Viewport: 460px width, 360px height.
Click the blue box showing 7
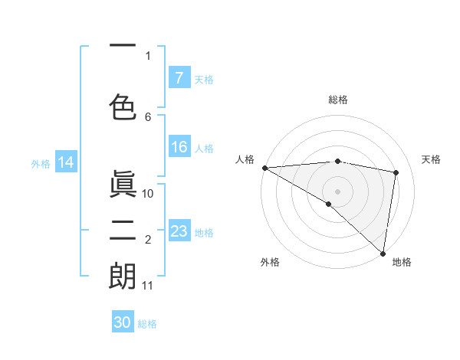pos(179,78)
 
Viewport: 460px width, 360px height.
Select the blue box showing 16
pos(179,147)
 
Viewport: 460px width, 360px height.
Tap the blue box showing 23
pos(179,231)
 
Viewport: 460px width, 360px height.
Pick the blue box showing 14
pos(66,162)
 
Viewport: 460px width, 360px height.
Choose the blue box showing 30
pos(123,322)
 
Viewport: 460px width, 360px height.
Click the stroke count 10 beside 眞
pos(149,193)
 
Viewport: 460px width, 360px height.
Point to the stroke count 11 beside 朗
pos(148,286)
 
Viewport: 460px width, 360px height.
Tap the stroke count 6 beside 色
pos(148,116)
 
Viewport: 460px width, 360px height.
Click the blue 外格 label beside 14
pos(41,163)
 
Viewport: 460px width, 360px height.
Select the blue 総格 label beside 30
pos(147,324)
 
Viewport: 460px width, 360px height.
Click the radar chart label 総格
pos(337,100)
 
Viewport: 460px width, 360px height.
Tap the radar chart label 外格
pos(270,262)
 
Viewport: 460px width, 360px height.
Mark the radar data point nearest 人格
pos(264,168)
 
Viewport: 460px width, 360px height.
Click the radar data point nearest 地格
pos(383,253)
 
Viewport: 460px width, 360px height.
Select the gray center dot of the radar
pos(337,190)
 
